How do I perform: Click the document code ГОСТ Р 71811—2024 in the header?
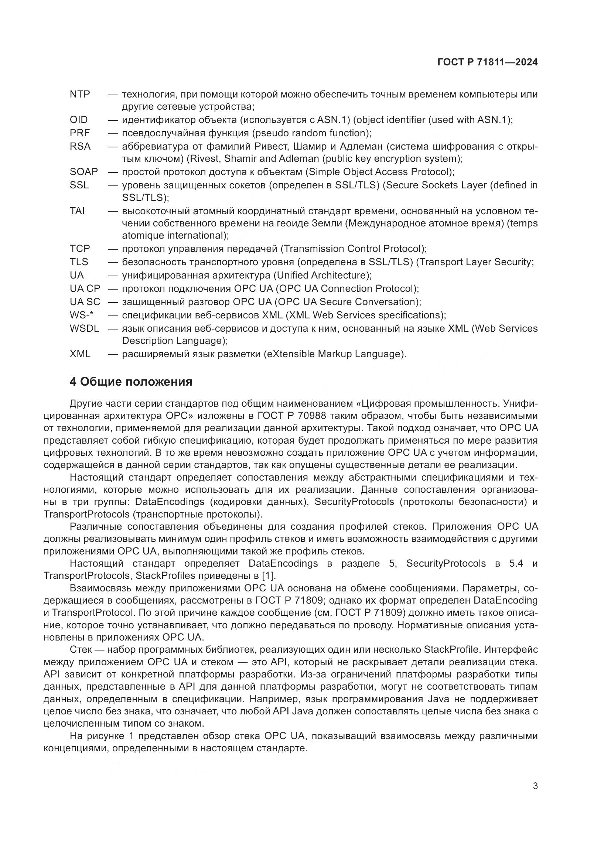[x=487, y=62]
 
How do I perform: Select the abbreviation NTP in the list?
[x=80, y=95]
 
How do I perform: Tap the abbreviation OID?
[x=79, y=120]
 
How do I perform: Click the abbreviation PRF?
[x=80, y=133]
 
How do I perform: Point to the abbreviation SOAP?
[x=83, y=172]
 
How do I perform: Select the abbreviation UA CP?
[x=85, y=288]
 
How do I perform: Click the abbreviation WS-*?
[x=81, y=315]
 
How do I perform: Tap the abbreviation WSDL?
[x=84, y=328]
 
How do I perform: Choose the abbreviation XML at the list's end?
[x=80, y=354]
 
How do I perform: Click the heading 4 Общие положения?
[x=131, y=382]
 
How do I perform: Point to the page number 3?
[x=535, y=786]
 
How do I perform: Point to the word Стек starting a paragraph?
[x=81, y=649]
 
